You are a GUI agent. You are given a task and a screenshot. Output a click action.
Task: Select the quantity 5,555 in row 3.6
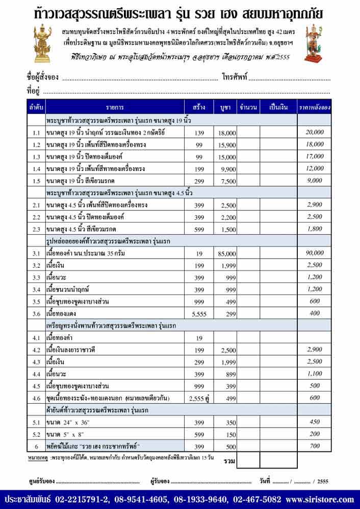tap(198, 314)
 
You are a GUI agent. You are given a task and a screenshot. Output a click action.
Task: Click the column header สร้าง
tap(199, 107)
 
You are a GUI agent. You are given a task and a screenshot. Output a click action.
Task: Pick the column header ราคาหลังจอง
tap(315, 107)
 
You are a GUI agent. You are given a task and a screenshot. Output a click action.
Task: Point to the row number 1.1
tap(36, 132)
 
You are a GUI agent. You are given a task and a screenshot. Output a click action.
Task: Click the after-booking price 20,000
tap(315, 132)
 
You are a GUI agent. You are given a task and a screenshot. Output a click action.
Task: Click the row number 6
tap(36, 446)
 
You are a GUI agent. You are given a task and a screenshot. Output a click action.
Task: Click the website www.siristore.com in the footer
tap(319, 499)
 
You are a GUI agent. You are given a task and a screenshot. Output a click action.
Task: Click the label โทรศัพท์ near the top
tap(235, 78)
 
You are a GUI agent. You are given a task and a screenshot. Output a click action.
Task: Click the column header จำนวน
tap(247, 107)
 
